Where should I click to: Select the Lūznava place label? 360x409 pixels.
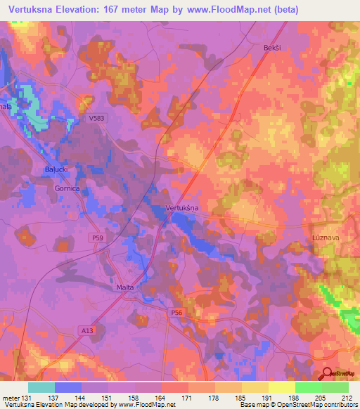(x=326, y=239)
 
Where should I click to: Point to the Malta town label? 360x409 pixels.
(x=124, y=287)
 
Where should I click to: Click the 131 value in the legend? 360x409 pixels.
(x=27, y=398)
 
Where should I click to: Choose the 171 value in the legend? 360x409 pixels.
(x=188, y=398)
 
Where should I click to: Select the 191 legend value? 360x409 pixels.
(x=268, y=398)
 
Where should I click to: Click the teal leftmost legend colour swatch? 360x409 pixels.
(x=41, y=387)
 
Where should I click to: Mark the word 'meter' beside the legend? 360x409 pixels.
(x=11, y=398)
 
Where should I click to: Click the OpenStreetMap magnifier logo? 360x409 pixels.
(x=328, y=374)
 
